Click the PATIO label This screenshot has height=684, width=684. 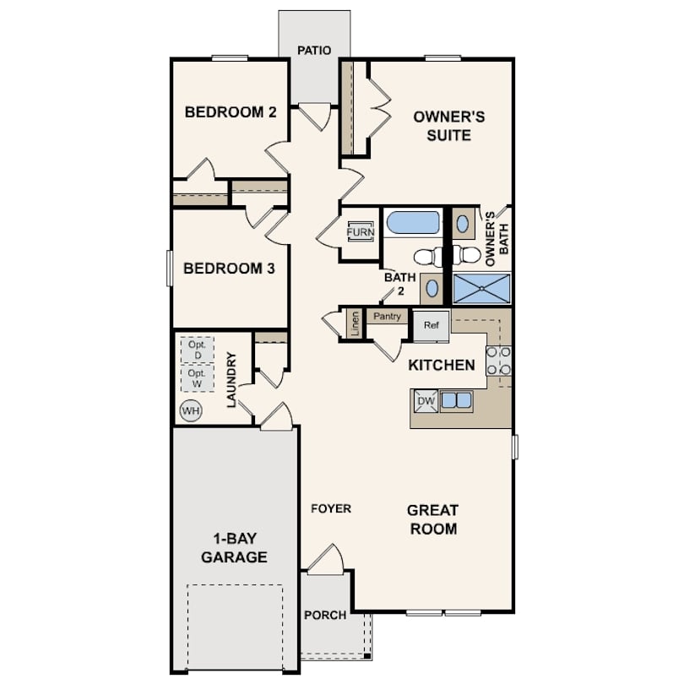(314, 51)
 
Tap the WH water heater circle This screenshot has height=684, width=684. (191, 411)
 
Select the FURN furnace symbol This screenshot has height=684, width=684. (361, 231)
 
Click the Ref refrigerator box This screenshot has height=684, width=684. (431, 325)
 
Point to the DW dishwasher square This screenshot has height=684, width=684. (426, 401)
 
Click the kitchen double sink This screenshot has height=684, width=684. (456, 400)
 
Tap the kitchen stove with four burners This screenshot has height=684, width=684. (498, 361)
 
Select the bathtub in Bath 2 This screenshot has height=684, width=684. (413, 224)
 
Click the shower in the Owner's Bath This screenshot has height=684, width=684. (481, 288)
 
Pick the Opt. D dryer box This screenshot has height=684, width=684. (198, 350)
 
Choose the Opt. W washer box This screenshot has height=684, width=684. (198, 378)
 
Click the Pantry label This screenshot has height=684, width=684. (387, 317)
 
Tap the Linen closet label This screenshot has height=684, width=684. (355, 323)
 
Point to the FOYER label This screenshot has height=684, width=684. (331, 508)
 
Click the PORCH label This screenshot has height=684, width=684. (325, 615)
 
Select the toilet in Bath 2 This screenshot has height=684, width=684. (428, 257)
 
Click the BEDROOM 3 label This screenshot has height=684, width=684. (229, 269)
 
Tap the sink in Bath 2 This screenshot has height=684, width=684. (432, 288)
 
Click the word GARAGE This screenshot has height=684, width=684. (234, 557)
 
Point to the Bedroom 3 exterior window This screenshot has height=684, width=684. (170, 268)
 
